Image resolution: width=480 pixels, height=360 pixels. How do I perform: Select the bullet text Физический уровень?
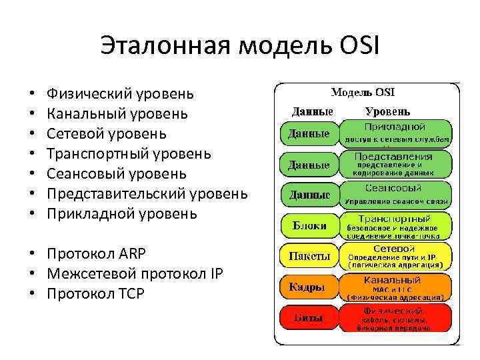(x=120, y=93)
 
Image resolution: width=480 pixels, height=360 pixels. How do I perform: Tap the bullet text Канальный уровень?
(x=117, y=113)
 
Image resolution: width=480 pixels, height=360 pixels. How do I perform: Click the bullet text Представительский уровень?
(x=147, y=193)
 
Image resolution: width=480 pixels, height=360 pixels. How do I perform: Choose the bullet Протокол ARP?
(x=96, y=253)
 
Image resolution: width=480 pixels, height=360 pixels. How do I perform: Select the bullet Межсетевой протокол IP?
(x=135, y=273)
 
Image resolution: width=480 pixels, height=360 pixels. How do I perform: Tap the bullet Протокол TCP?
(x=95, y=293)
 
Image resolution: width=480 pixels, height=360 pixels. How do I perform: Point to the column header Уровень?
(x=387, y=111)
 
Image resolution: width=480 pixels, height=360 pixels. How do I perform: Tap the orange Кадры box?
(x=307, y=287)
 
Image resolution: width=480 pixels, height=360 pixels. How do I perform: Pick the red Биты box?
(x=307, y=319)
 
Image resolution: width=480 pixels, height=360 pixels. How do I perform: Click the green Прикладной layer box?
(x=396, y=132)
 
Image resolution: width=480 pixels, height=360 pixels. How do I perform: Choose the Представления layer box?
(x=396, y=163)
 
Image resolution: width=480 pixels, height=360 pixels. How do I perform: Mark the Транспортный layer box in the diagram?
(x=396, y=225)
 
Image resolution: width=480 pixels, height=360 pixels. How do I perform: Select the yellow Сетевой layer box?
(x=396, y=256)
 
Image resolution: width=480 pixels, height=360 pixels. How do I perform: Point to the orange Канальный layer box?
(x=396, y=287)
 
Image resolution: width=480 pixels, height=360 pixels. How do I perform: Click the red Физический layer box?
(x=396, y=319)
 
